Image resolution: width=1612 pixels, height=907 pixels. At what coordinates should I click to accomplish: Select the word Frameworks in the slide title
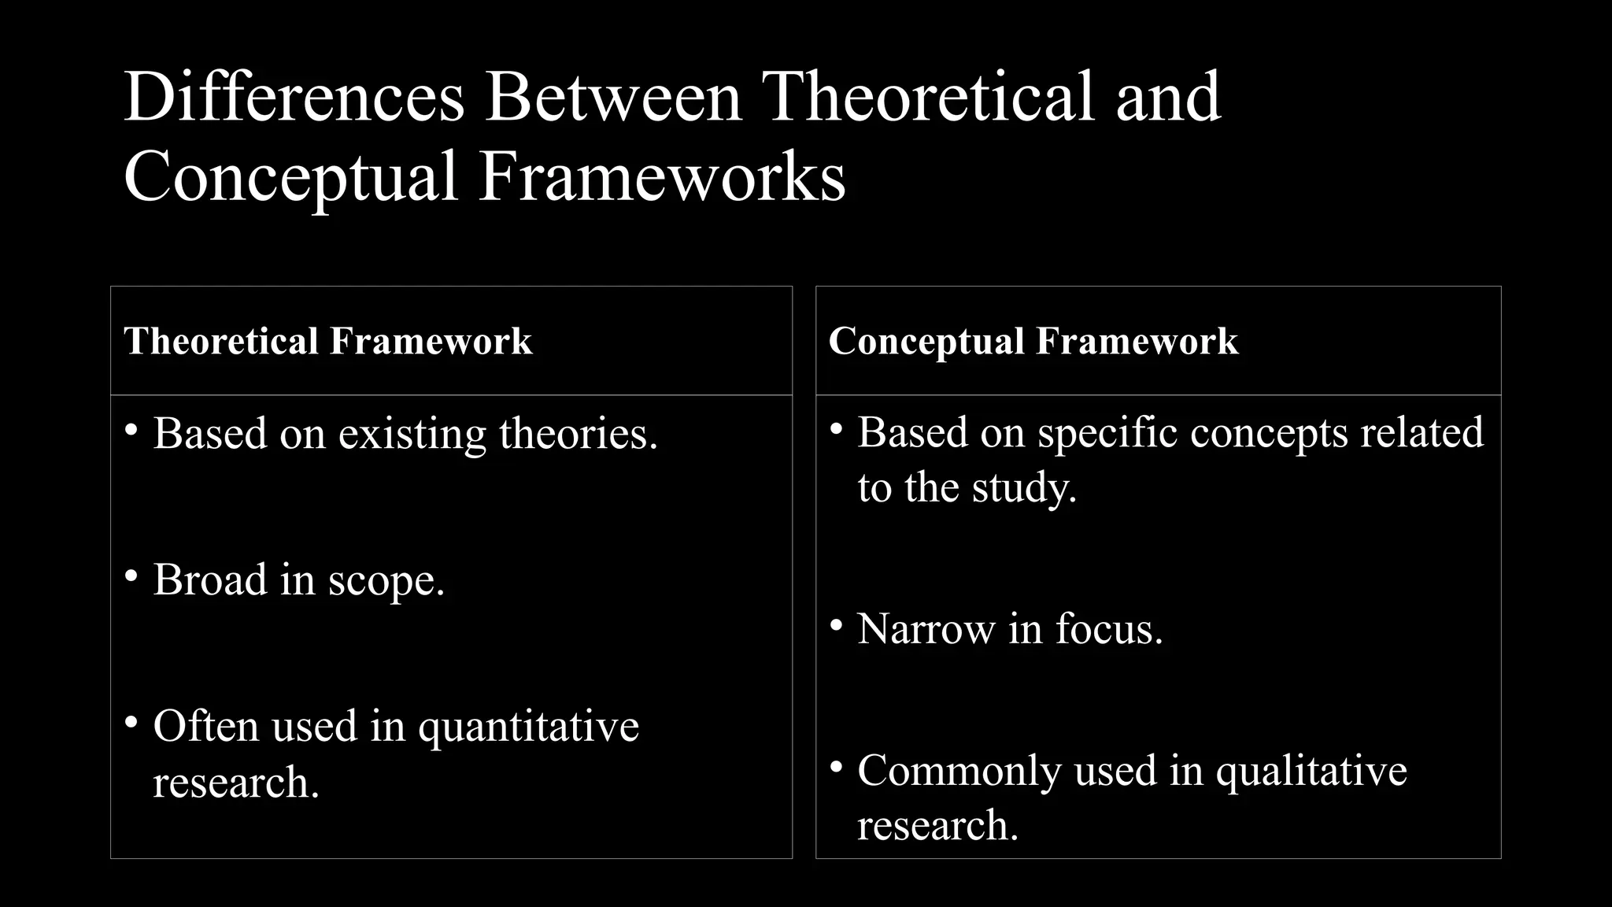pyautogui.click(x=662, y=177)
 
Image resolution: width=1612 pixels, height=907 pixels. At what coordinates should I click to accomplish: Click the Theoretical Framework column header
pyautogui.click(x=328, y=342)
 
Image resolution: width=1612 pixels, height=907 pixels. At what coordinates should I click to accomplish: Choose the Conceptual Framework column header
pyautogui.click(x=1033, y=342)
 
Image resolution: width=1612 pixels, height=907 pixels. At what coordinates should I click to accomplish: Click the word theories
pyautogui.click(x=578, y=434)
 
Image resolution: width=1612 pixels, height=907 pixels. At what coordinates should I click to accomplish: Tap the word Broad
pyautogui.click(x=210, y=580)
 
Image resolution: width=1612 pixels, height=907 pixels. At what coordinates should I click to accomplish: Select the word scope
pyautogui.click(x=386, y=582)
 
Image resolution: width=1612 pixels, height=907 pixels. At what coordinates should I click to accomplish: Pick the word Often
pyautogui.click(x=205, y=726)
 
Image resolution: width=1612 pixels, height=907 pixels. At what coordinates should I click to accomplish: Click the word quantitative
pyautogui.click(x=528, y=727)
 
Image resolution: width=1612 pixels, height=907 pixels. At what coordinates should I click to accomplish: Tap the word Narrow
pyautogui.click(x=926, y=629)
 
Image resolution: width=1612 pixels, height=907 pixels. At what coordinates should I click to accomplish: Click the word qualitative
pyautogui.click(x=1311, y=771)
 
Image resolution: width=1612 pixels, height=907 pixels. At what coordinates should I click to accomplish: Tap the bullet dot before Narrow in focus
pyautogui.click(x=836, y=626)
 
